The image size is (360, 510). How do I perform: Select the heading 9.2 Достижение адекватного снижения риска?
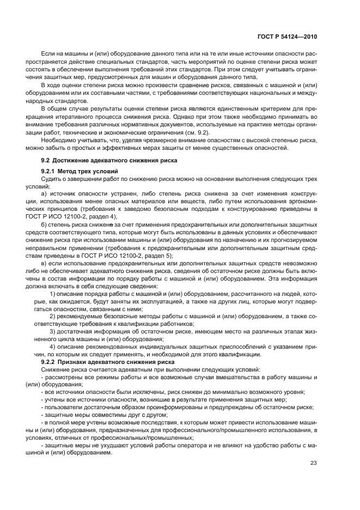click(107, 160)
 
